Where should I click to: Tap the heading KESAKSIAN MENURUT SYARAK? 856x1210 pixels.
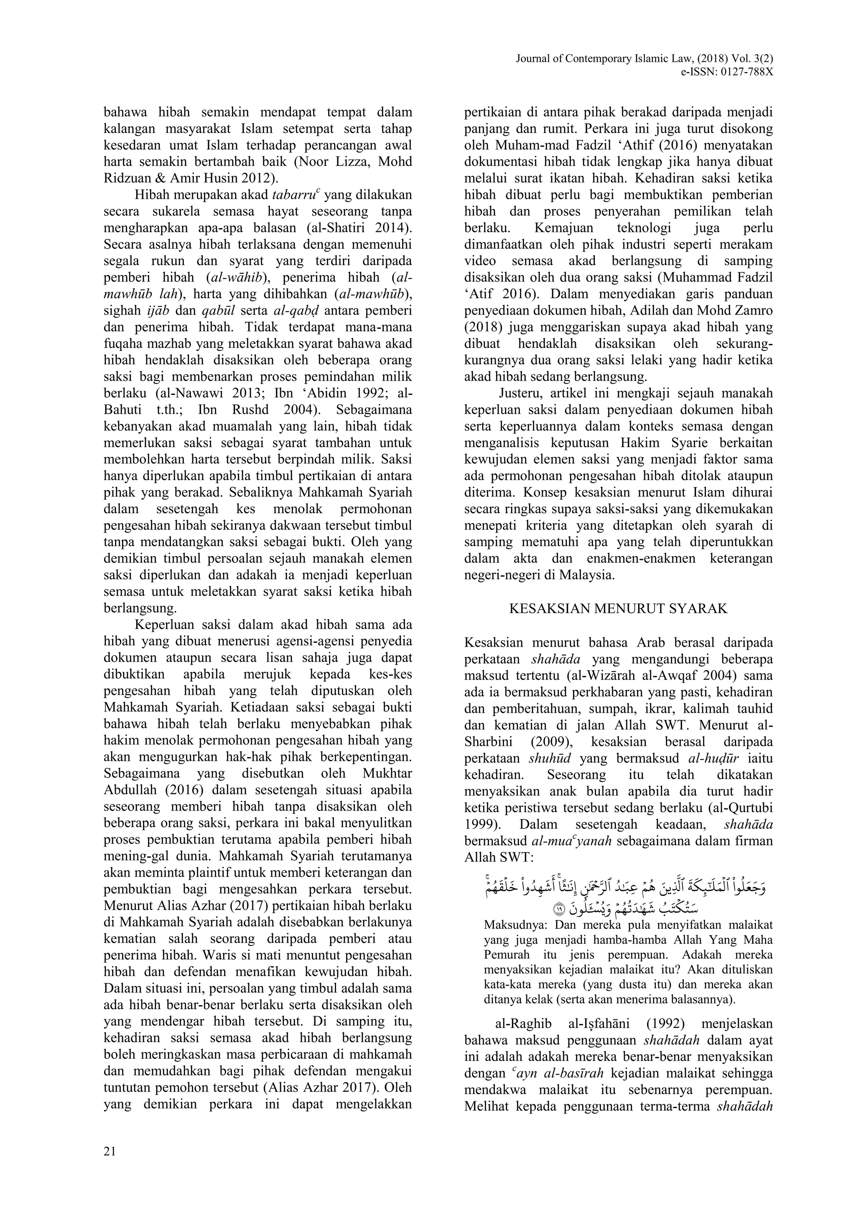[x=618, y=609]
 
